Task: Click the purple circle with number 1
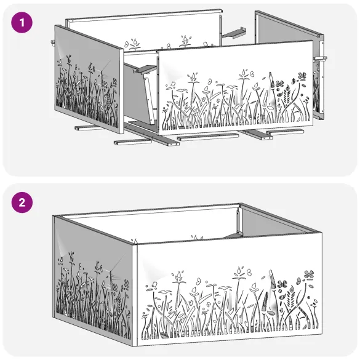[x=22, y=23]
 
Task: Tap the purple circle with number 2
[x=22, y=202]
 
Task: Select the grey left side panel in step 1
[x=89, y=79]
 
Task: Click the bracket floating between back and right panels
[x=234, y=33]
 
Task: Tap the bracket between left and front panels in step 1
[x=146, y=68]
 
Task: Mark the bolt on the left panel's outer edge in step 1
[x=52, y=42]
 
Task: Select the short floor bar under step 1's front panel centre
[x=208, y=137]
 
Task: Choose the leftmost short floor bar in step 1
[x=89, y=128]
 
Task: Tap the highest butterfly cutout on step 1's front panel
[x=302, y=76]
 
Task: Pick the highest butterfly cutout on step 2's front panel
[x=309, y=274]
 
